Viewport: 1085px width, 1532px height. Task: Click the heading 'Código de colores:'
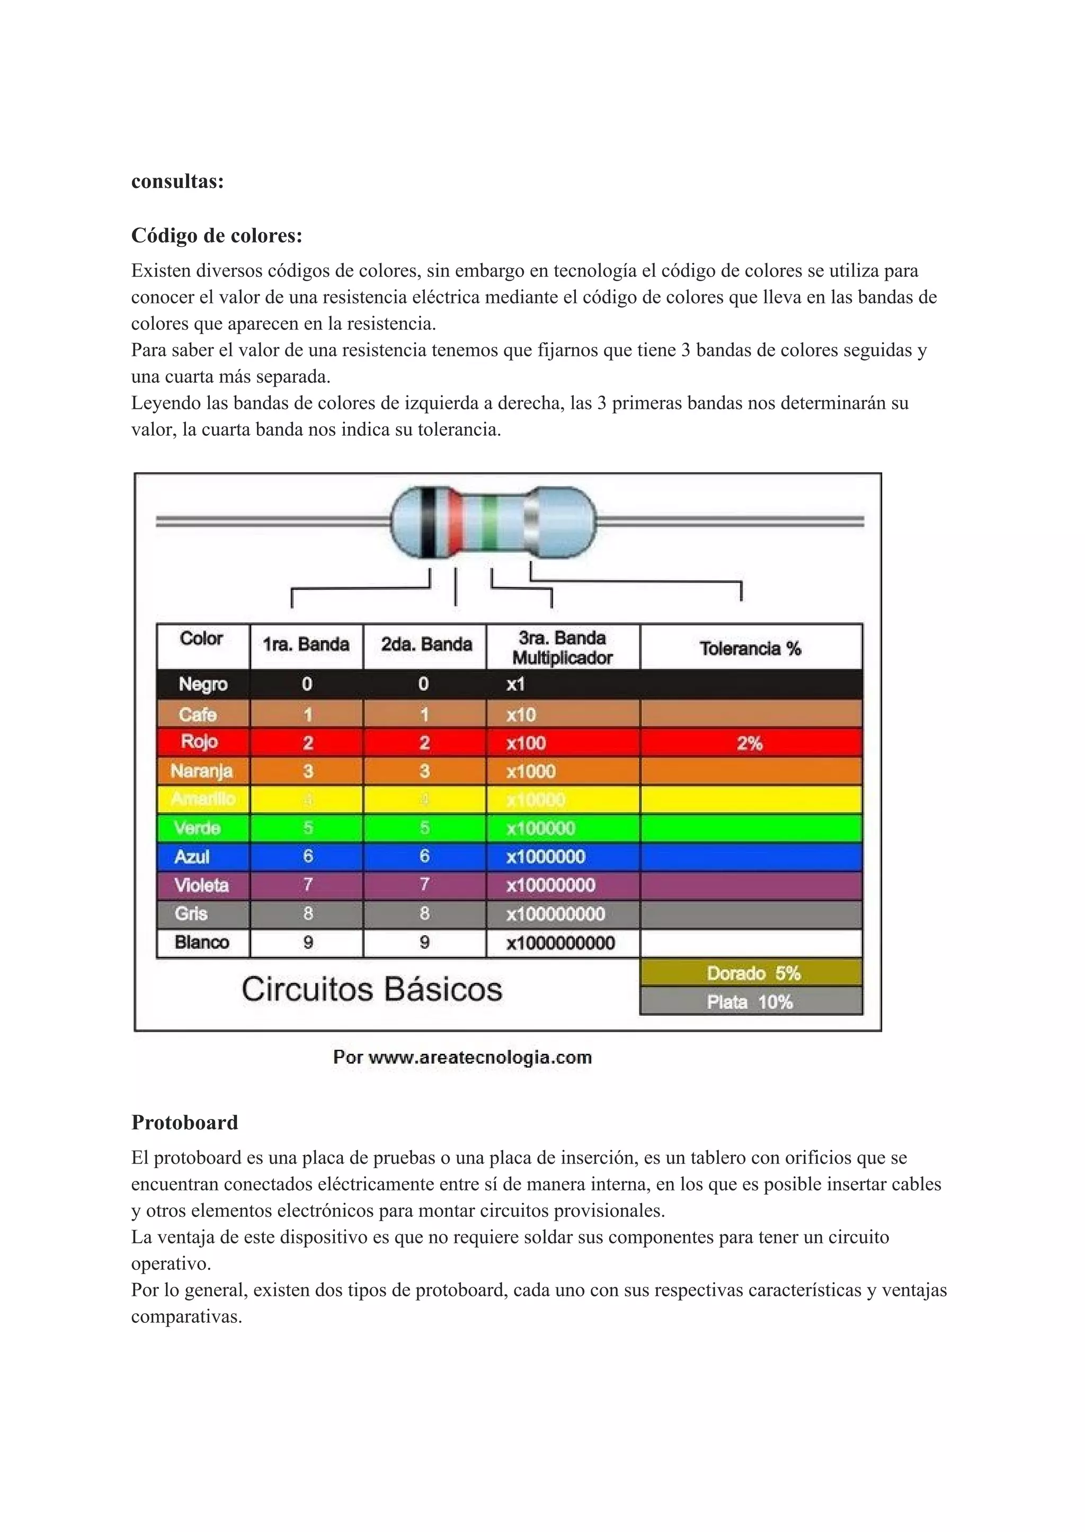[x=217, y=236]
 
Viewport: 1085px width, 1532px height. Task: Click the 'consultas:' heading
[x=177, y=181]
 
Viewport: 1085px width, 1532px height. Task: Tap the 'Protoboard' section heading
[x=184, y=1122]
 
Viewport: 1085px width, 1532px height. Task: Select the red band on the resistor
[x=456, y=523]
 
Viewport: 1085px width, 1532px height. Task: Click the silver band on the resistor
[x=532, y=523]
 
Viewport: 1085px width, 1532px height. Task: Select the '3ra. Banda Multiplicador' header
[x=562, y=647]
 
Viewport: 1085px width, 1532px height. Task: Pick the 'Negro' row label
[x=203, y=684]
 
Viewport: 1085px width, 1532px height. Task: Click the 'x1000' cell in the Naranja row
[x=531, y=772]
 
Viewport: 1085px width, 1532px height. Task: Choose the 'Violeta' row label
[x=202, y=885]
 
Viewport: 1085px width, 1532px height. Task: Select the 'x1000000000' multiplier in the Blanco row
[x=561, y=943]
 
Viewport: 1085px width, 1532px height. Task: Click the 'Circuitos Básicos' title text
[x=371, y=989]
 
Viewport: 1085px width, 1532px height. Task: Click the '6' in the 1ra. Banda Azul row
[x=307, y=856]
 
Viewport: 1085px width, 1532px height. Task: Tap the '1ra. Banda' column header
[x=306, y=644]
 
